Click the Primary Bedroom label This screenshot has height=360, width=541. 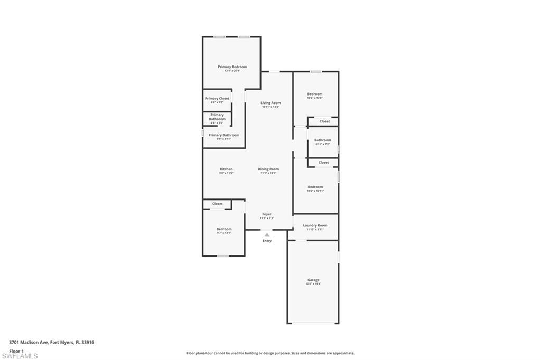[x=232, y=67]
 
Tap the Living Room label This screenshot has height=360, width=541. [x=270, y=103]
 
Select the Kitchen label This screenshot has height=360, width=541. [x=226, y=169]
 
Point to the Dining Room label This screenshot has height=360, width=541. [x=268, y=169]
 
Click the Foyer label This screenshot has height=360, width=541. [x=267, y=214]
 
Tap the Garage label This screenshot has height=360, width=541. [x=313, y=280]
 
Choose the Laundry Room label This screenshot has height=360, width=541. [x=315, y=225]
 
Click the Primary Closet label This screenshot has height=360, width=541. [x=217, y=99]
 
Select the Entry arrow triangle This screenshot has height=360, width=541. [x=267, y=235]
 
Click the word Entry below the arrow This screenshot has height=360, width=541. [x=267, y=241]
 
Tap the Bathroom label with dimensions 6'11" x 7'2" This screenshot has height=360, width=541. [x=322, y=140]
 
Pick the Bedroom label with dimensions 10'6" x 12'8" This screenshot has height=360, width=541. [x=315, y=94]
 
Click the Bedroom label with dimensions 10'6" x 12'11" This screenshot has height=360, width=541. [x=315, y=187]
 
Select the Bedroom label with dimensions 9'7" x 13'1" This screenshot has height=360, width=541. [x=224, y=229]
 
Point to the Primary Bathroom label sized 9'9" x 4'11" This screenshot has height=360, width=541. [x=223, y=135]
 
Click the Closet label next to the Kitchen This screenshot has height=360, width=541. [x=217, y=204]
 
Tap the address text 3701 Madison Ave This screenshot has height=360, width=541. [x=52, y=342]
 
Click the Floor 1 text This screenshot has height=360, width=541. [x=16, y=350]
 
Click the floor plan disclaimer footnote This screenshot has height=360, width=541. [x=270, y=353]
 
